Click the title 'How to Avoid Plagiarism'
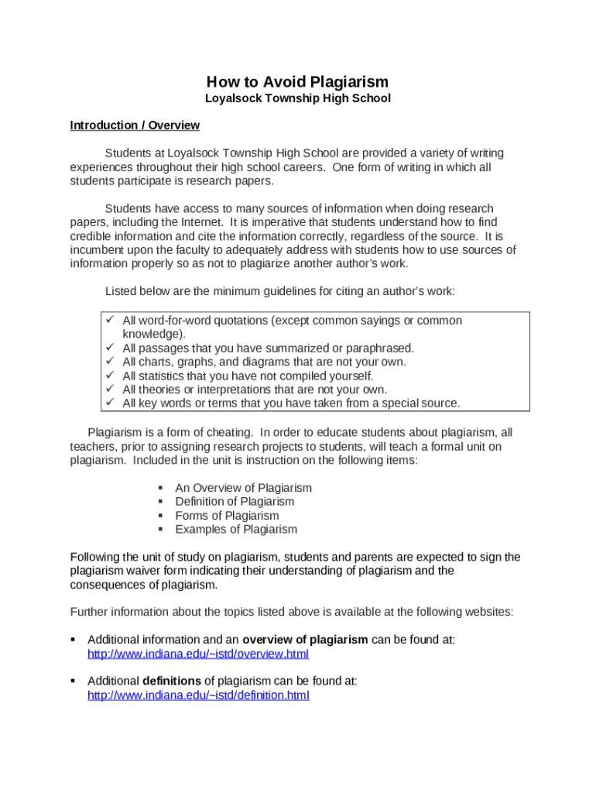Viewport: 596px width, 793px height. coord(297,82)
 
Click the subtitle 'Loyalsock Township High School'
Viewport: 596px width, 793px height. coord(297,98)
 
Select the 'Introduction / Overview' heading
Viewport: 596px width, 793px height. coord(135,125)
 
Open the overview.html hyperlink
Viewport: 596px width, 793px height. coord(198,654)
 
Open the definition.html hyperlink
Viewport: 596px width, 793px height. coord(198,695)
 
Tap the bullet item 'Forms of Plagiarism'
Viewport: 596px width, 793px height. coord(227,516)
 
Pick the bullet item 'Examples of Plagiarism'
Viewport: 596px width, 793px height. coord(236,530)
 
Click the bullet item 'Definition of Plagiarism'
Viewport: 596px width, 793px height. coord(235,502)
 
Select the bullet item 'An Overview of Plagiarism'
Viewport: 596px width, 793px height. coord(243,488)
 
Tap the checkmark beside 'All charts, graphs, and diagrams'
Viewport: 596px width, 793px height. coord(109,362)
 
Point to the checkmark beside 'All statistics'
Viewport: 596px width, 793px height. coord(109,376)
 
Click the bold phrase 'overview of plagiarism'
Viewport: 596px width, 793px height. coord(305,640)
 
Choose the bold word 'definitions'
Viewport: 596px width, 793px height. coord(172,681)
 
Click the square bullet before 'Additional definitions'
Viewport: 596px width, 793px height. coord(73,681)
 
